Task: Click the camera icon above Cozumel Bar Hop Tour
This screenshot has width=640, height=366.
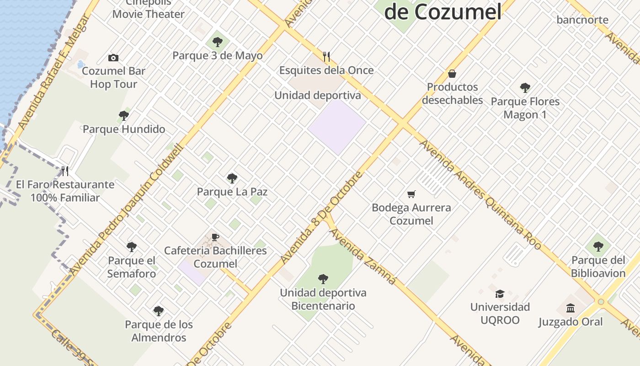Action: [113, 58]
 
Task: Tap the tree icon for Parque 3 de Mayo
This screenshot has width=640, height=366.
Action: [218, 42]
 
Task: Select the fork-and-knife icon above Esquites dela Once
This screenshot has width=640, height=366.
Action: [326, 56]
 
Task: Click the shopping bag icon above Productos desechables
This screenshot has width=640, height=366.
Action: [452, 73]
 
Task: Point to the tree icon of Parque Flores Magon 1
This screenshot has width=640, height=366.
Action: [525, 87]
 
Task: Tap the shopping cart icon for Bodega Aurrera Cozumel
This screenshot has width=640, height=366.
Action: [411, 194]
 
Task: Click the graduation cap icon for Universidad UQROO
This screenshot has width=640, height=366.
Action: [500, 293]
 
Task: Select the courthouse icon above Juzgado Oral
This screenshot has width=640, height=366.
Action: [571, 308]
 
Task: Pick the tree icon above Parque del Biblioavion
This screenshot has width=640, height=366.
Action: [598, 247]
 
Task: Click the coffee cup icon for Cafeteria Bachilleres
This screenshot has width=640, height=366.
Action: [215, 237]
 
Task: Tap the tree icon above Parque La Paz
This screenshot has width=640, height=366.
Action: [232, 178]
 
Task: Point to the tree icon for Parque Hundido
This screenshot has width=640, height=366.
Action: [124, 115]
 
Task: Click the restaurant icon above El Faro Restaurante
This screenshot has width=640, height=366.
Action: [65, 171]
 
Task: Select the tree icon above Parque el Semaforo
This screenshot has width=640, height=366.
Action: [132, 247]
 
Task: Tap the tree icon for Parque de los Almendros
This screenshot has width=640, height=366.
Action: [159, 311]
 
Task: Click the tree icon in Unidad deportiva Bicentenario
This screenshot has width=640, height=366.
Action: [323, 279]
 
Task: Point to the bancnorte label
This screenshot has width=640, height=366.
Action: [582, 20]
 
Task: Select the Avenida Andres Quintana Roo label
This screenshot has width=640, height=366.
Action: [480, 194]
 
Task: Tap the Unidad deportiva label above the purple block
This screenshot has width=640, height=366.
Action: [318, 95]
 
